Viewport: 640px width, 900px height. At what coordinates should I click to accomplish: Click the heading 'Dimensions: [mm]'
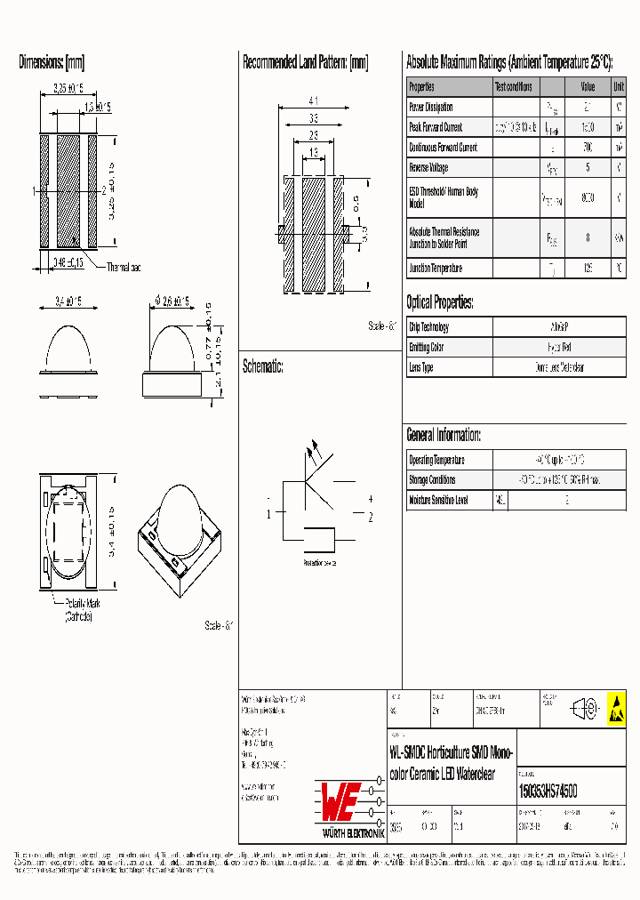(x=52, y=62)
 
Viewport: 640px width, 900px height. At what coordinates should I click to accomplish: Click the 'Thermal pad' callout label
(x=124, y=267)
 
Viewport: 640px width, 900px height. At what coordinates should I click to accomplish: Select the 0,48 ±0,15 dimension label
(x=62, y=261)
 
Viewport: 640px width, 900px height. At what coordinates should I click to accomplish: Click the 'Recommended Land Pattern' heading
(x=305, y=62)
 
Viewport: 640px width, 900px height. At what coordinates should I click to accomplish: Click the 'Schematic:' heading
(x=263, y=366)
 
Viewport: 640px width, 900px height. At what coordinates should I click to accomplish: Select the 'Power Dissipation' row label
(x=431, y=107)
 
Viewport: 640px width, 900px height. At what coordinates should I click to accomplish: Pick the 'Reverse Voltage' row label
(x=428, y=167)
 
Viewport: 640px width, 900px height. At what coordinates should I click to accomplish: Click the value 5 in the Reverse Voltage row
(x=588, y=167)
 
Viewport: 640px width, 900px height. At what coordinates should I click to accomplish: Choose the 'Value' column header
(x=588, y=87)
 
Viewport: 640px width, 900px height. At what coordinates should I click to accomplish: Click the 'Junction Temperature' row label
(x=436, y=268)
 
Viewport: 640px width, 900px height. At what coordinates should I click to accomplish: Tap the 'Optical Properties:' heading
(x=440, y=301)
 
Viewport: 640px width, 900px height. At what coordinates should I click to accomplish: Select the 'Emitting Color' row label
(x=426, y=347)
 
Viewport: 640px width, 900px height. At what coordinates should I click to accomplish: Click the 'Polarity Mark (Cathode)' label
(x=78, y=609)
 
